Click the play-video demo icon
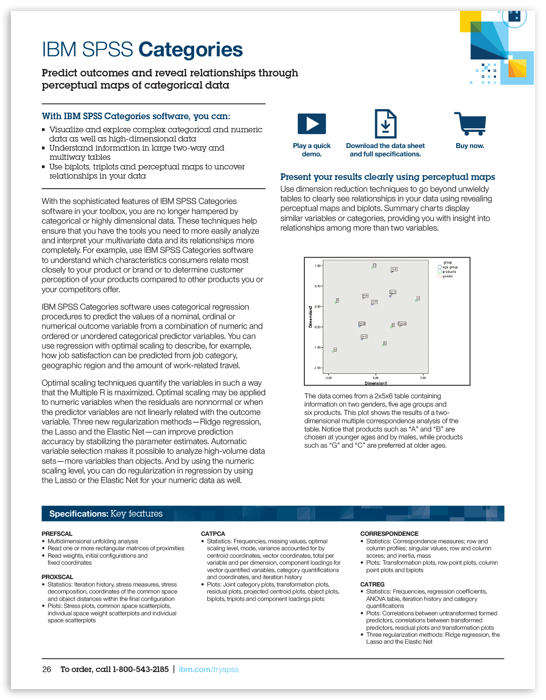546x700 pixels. coord(311,124)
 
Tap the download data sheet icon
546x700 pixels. coord(385,124)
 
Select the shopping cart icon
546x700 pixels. coord(470,124)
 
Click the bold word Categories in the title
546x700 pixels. coord(190,50)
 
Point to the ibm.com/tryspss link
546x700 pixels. coord(209,669)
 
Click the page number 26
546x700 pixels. coord(47,669)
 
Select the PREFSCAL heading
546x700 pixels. coord(57,534)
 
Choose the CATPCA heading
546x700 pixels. coord(213,534)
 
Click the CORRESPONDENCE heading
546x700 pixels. coord(389,534)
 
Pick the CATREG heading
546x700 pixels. coord(372,584)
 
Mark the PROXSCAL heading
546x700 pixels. coord(58,577)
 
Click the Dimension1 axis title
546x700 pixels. coord(376,383)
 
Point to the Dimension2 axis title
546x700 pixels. coord(311,317)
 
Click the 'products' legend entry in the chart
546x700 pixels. coord(449,272)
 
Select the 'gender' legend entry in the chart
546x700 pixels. coord(448,276)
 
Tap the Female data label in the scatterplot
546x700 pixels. coord(402,324)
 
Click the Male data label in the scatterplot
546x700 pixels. coord(365,296)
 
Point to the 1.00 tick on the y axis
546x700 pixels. coord(317,266)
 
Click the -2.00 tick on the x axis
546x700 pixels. coord(328,378)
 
